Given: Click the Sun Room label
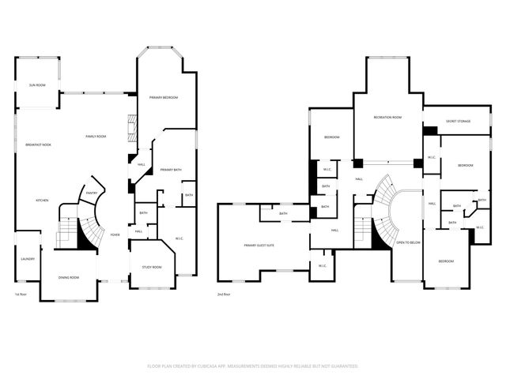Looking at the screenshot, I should coord(36,84).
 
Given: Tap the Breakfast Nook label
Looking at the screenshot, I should coord(38,144).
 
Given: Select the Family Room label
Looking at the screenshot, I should coord(96,137).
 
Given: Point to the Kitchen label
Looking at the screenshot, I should coord(42,201).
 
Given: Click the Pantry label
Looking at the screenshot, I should coord(92,192).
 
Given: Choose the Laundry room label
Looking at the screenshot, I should coord(27,259).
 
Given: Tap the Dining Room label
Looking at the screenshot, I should coord(69,277).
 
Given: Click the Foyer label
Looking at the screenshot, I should coord(115,235).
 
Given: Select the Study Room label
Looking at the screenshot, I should coord(152,267).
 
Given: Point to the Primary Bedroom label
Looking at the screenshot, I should coord(164,97).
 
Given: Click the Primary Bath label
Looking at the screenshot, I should coord(171,170).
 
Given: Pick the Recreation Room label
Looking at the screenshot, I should coord(387,117).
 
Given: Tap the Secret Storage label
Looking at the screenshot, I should coord(458,121).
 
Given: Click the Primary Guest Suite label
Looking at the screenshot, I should coord(259,246).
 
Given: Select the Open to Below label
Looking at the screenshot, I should coord(408,242).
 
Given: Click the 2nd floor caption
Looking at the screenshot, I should coord(224,294).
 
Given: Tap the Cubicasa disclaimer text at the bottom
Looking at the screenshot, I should coord(253,366).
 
